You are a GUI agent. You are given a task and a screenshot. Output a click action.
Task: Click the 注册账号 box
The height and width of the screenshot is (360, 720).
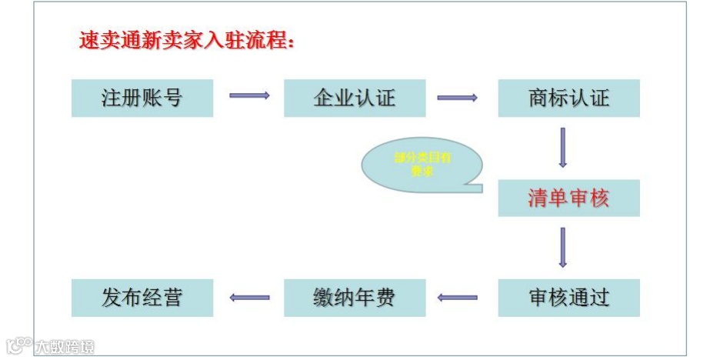click(x=142, y=98)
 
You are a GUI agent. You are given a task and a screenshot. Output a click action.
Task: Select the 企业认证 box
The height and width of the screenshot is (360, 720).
click(x=355, y=98)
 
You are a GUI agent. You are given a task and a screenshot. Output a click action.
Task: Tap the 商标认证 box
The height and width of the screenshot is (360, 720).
click(x=568, y=98)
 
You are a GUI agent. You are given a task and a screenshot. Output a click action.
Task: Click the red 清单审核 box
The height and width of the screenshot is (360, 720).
click(x=568, y=198)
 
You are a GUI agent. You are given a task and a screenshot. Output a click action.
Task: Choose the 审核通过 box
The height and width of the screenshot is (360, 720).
click(x=568, y=297)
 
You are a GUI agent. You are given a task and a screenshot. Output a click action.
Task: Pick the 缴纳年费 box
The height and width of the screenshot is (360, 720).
click(x=355, y=297)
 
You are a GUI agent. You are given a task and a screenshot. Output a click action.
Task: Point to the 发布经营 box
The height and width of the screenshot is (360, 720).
click(x=142, y=297)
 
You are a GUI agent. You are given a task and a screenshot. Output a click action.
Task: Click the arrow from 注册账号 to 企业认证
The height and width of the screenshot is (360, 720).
click(x=249, y=95)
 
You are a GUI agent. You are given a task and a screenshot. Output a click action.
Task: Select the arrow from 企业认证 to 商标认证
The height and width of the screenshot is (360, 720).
click(x=457, y=98)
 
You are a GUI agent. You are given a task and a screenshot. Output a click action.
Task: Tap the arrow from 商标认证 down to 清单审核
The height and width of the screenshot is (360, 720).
click(x=563, y=147)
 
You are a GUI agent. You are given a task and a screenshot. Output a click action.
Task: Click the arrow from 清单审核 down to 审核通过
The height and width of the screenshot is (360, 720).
click(x=563, y=247)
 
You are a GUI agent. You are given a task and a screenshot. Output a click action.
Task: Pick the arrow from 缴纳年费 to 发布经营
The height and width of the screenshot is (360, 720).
click(x=249, y=297)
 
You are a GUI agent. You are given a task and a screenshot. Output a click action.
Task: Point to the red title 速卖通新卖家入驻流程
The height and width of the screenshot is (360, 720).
click(x=187, y=41)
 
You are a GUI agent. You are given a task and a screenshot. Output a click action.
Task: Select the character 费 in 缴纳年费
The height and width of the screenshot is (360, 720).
click(x=385, y=297)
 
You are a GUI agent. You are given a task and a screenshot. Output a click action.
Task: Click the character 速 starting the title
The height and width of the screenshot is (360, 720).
click(x=88, y=41)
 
